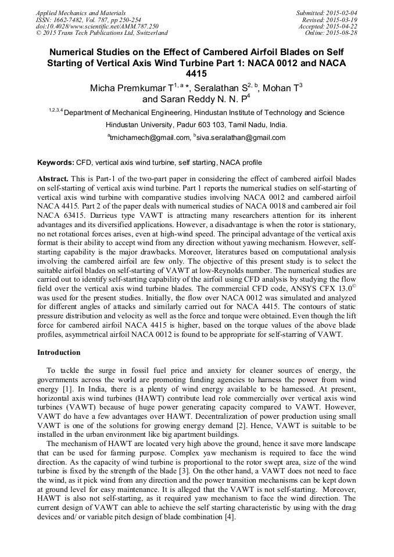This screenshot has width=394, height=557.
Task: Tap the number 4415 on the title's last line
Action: point(196,74)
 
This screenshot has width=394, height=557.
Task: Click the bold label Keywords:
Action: point(56,163)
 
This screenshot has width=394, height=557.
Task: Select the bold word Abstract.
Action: point(53,179)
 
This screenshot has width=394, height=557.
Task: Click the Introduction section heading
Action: point(59,353)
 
